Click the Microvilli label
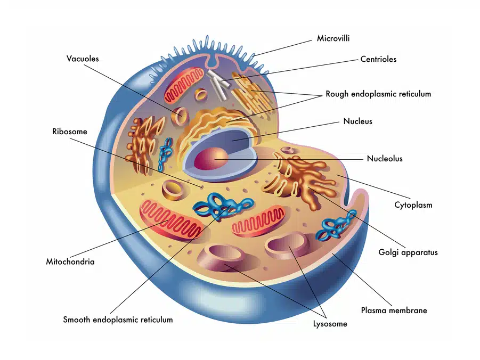coord(333,38)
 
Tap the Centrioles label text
coord(378,59)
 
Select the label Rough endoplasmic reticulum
coord(378,94)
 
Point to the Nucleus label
coord(357,121)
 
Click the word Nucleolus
coord(385,158)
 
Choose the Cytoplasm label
coord(413,204)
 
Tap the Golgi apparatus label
coord(408,252)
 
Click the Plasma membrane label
coord(394,310)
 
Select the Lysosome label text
coord(330,323)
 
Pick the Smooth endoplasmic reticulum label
coord(118,320)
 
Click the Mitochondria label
coord(70,261)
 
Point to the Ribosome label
coord(69,132)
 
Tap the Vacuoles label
coord(83,59)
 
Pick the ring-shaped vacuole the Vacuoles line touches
coord(180,114)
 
